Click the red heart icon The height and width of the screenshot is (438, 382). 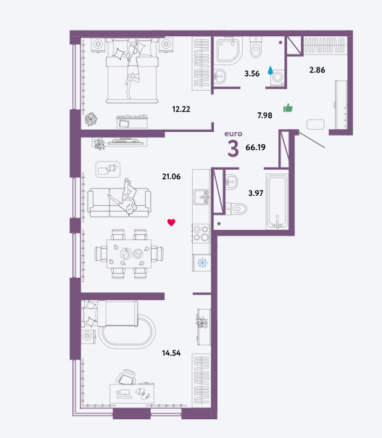click(171, 223)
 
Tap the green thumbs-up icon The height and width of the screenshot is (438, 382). click(288, 107)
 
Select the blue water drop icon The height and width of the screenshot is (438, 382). click(270, 70)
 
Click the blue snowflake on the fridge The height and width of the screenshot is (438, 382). click(202, 263)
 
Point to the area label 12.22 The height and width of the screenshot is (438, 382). click(181, 109)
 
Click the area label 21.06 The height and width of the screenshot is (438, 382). click(171, 176)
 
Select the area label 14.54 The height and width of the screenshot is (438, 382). click(171, 353)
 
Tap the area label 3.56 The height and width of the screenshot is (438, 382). click(252, 73)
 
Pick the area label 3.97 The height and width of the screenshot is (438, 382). click(256, 193)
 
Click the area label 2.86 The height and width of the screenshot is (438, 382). click(317, 70)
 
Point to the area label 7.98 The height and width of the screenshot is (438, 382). click(265, 115)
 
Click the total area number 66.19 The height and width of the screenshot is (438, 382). click(255, 147)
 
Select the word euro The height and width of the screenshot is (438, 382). click(233, 134)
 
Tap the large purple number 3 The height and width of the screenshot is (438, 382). click(233, 149)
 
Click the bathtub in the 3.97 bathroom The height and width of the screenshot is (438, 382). click(277, 202)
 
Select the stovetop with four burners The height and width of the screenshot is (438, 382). click(201, 234)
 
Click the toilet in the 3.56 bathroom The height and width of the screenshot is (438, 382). click(256, 47)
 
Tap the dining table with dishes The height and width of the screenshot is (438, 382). click(129, 254)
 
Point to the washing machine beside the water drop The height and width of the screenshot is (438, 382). click(278, 78)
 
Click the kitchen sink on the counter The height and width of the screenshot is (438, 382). click(202, 197)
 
